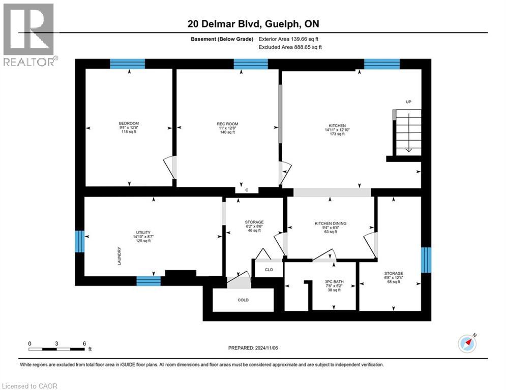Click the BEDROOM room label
(129, 123)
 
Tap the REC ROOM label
(227, 124)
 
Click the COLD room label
(243, 300)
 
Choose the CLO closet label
(269, 270)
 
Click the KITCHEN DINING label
(331, 223)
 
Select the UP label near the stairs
(408, 102)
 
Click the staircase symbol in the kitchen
(408, 132)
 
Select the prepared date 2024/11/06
(252, 348)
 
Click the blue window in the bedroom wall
(128, 63)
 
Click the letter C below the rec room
(247, 190)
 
